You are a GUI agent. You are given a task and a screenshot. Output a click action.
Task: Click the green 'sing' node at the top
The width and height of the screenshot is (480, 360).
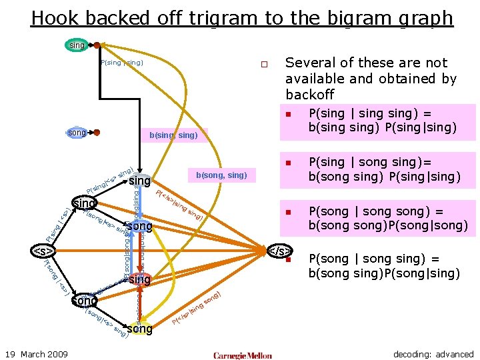tap(77, 45)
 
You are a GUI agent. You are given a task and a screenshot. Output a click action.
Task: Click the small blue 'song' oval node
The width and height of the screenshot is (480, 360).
tap(77, 133)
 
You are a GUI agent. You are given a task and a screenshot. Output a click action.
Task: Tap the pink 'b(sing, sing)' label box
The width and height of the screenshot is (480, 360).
tap(173, 135)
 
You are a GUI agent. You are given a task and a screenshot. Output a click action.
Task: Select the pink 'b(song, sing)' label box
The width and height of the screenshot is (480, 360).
tap(221, 175)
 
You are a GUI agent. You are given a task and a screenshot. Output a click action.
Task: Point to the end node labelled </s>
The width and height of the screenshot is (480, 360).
tap(279, 251)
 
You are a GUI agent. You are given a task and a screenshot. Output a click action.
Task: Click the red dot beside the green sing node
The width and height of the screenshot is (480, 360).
tap(97, 46)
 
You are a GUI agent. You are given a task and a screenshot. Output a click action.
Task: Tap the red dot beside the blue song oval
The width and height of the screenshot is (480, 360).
tap(97, 133)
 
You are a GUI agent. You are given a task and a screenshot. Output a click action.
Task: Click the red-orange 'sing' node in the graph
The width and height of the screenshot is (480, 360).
tap(139, 279)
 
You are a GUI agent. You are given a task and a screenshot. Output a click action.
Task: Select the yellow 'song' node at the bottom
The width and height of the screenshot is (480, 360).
tap(139, 329)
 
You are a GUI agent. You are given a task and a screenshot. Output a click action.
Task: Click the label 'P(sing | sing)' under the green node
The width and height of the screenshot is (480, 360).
tap(121, 63)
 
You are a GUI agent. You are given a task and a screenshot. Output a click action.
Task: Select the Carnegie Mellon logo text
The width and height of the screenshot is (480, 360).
tap(243, 355)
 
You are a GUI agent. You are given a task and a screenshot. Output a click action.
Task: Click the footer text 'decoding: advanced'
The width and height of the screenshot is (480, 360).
tap(433, 354)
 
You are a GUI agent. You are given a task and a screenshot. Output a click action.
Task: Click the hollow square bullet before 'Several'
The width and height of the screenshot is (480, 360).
tap(264, 65)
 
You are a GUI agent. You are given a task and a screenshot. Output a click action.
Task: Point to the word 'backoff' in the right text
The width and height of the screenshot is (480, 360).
tap(309, 95)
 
